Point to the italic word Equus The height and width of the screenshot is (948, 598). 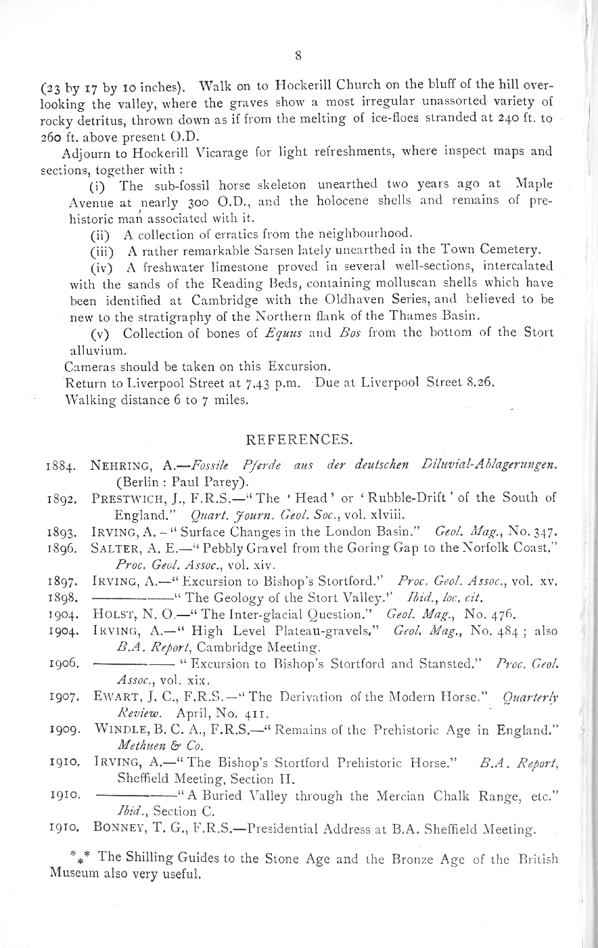click(243, 333)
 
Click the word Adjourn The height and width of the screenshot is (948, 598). click(85, 151)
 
